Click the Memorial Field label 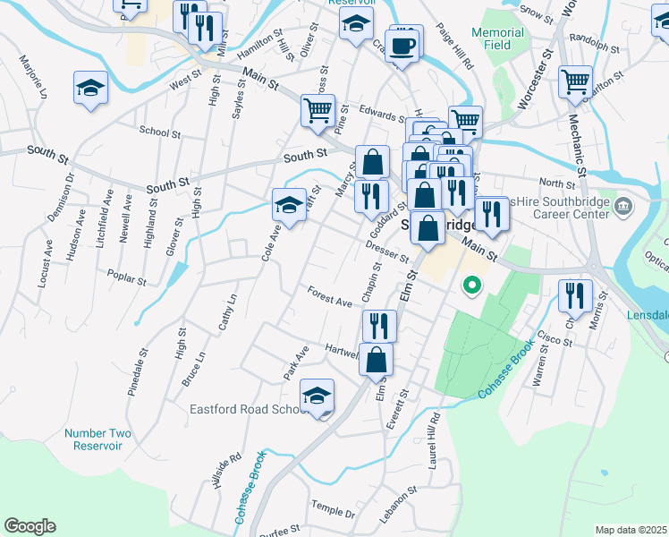click(x=497, y=38)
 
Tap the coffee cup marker click(x=403, y=46)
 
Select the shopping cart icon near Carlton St click(x=575, y=82)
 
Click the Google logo click(x=30, y=526)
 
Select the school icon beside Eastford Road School click(x=317, y=396)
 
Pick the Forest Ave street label click(x=330, y=297)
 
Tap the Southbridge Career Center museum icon click(x=624, y=208)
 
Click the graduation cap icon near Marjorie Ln click(x=90, y=88)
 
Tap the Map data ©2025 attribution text click(x=631, y=530)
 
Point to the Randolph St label click(x=594, y=44)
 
